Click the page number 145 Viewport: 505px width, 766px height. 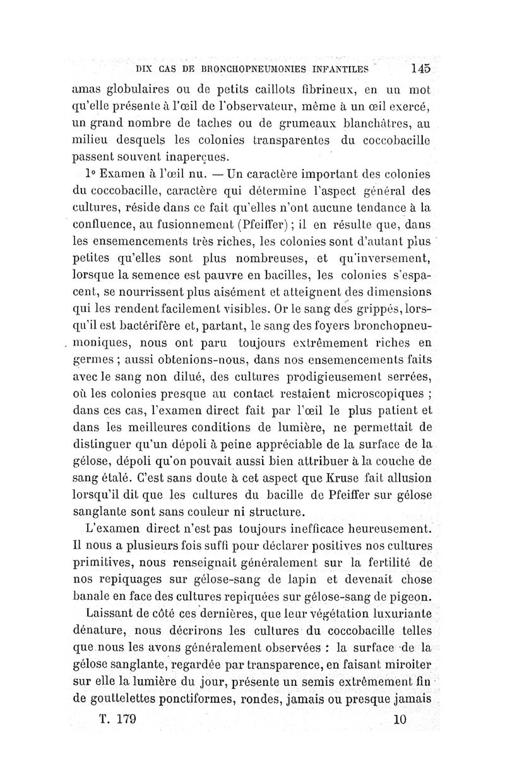[x=420, y=69]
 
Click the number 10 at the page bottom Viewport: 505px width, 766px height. [x=398, y=721]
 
